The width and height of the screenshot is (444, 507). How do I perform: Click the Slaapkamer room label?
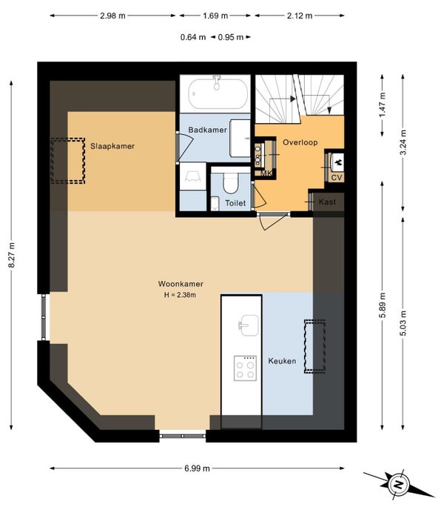click(112, 146)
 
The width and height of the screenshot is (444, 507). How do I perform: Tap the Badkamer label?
click(207, 130)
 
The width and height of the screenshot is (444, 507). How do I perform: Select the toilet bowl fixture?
click(231, 183)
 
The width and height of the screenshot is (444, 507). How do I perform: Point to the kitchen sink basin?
click(249, 325)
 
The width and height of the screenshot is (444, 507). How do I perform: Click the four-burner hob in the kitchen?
click(245, 368)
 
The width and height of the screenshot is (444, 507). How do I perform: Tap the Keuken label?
click(282, 361)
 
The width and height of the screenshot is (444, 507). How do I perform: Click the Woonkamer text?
click(181, 284)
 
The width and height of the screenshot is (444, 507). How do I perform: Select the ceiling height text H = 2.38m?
click(180, 295)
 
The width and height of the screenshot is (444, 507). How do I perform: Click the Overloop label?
click(300, 142)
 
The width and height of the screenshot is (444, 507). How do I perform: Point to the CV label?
click(337, 177)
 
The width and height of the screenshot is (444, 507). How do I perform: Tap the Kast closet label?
click(327, 202)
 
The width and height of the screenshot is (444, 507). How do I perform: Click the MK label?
click(266, 173)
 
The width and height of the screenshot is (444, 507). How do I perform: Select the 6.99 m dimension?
click(197, 468)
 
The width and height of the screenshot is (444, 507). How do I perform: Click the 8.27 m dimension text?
click(12, 255)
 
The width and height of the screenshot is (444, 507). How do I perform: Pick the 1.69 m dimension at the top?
click(215, 16)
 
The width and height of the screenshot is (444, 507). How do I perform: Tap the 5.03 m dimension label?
click(403, 323)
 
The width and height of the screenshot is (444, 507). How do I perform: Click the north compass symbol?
click(398, 484)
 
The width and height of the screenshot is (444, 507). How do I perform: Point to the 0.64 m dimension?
click(193, 37)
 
